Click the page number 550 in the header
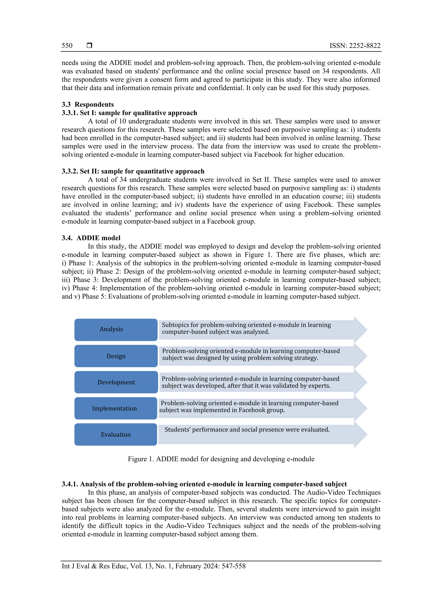pos(67,46)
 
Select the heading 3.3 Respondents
pos(88,104)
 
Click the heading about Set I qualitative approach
pos(129,113)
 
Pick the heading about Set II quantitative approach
pos(133,171)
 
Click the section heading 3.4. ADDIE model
pos(91,238)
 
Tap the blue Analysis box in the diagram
pos(116,329)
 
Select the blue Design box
pos(116,356)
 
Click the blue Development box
pos(116,382)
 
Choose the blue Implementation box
pos(116,408)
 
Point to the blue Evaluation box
pos(116,434)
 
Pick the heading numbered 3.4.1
pos(204,484)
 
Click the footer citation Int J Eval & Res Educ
pos(154,566)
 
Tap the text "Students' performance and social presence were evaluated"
pos(247,429)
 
